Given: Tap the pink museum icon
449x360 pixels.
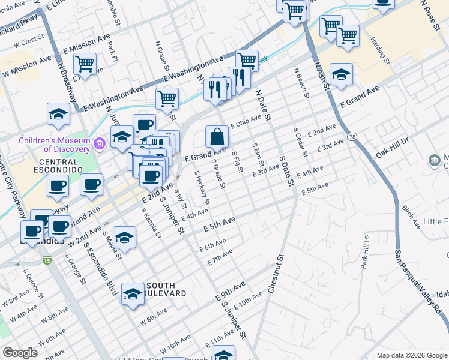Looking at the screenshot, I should point(100,143).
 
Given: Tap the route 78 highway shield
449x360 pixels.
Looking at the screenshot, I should point(350,137).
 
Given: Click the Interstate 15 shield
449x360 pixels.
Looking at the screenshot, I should point(47,260).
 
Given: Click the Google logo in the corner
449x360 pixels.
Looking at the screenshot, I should point(20,352).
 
